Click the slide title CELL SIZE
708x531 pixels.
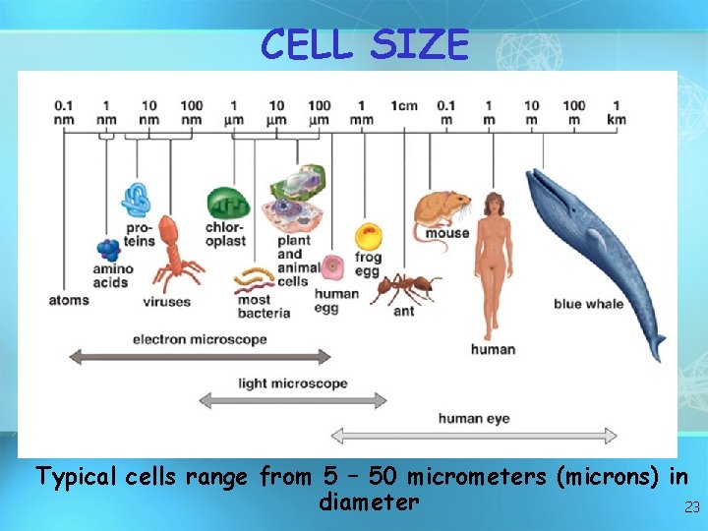[x=365, y=44]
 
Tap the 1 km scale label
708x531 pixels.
[x=616, y=112]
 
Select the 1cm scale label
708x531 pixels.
[x=404, y=105]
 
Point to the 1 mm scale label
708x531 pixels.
[x=362, y=112]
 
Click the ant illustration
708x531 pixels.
[x=404, y=287]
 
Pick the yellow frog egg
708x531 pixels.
[x=368, y=236]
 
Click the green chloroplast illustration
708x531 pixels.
[x=226, y=204]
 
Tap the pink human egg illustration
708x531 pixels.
[x=334, y=265]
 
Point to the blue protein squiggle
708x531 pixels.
[x=136, y=200]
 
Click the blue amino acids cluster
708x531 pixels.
[x=108, y=249]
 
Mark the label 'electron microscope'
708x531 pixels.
[x=200, y=339]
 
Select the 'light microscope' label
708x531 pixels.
[x=293, y=383]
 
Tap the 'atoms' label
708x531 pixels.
[x=69, y=300]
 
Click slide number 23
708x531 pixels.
[x=691, y=507]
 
